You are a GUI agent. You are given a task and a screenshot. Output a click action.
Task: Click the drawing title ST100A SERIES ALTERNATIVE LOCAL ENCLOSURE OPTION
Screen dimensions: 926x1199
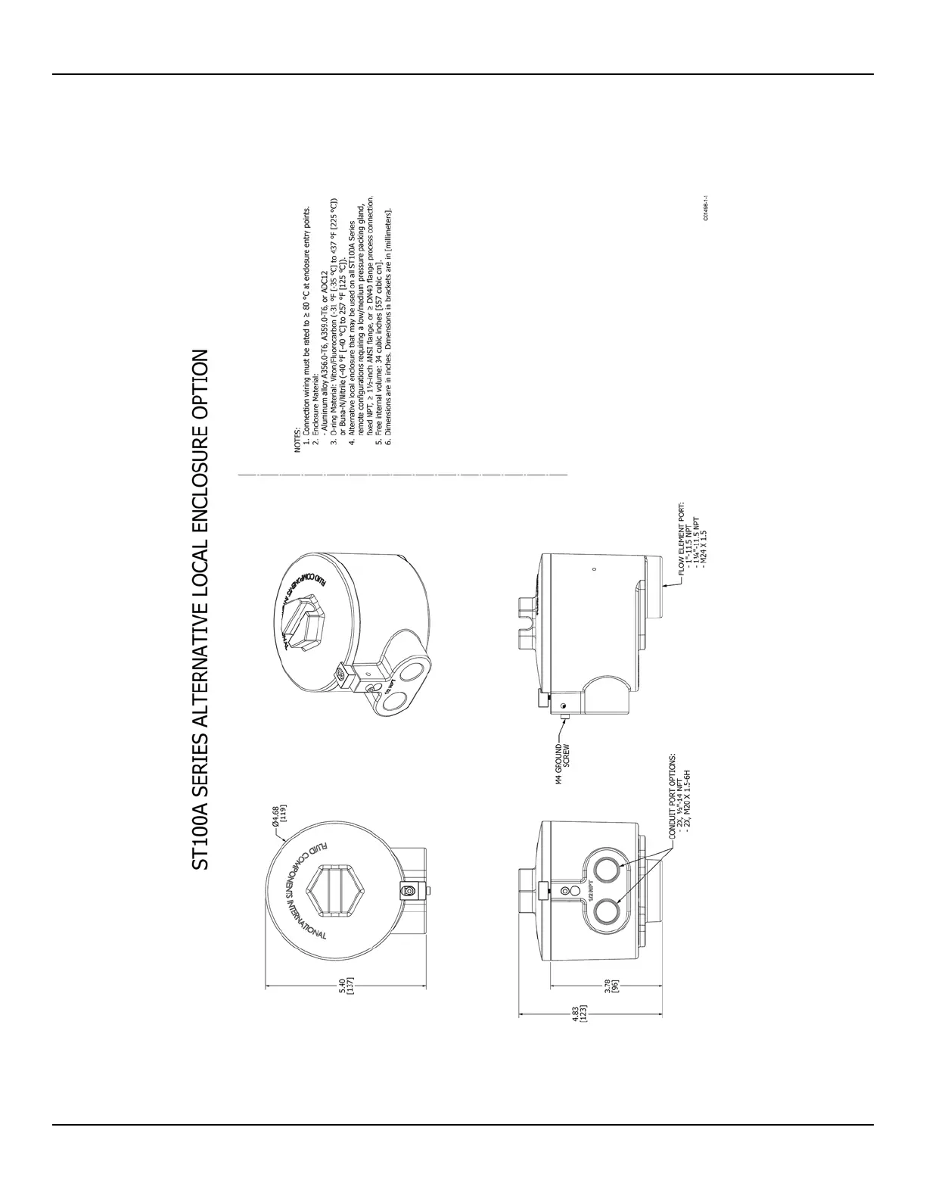199,610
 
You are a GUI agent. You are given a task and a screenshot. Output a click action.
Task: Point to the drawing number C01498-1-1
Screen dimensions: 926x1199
705,207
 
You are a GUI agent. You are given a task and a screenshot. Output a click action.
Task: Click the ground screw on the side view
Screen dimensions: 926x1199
564,705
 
